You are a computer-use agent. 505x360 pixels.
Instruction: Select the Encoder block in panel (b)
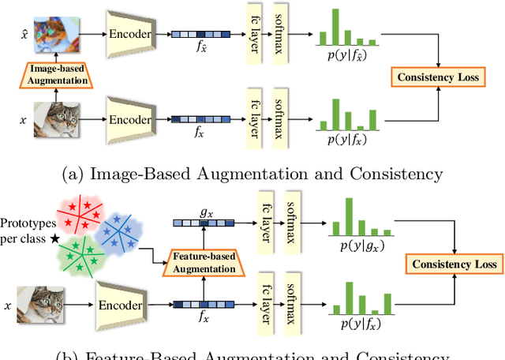point(120,304)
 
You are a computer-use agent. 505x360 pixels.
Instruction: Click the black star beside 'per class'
point(54,238)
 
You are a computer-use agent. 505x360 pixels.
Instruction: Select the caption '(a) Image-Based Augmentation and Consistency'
point(252,173)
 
